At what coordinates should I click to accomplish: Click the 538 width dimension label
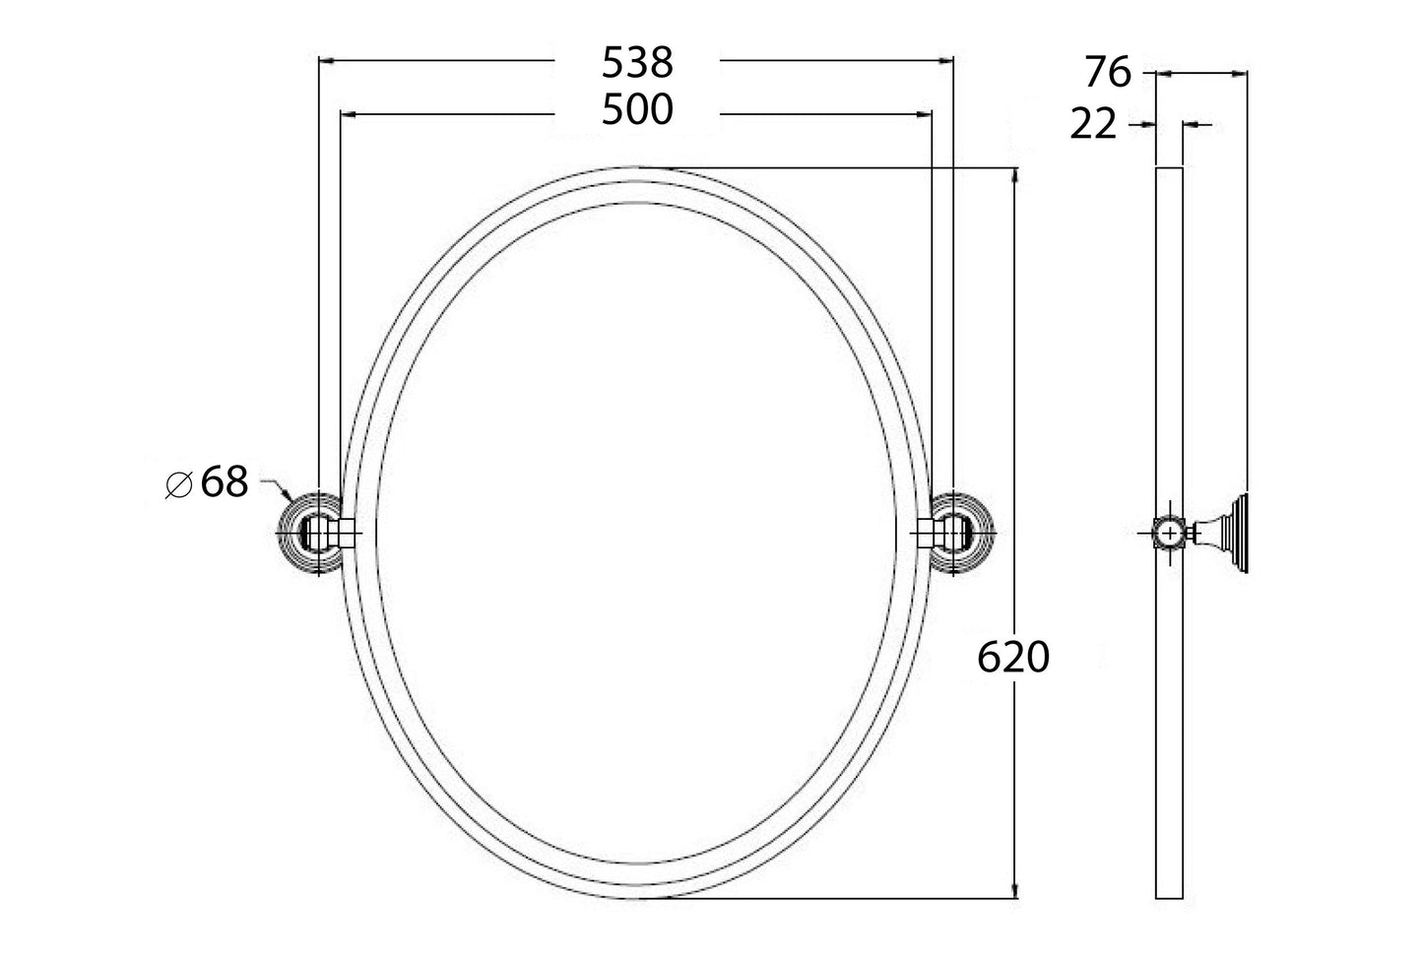pyautogui.click(x=637, y=62)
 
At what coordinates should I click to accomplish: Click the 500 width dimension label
pyautogui.click(x=637, y=110)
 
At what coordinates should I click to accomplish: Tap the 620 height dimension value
pyautogui.click(x=1013, y=658)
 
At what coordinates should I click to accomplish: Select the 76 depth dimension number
pyautogui.click(x=1108, y=73)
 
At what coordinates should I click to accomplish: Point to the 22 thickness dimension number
pyautogui.click(x=1093, y=125)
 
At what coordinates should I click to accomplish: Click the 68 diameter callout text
pyautogui.click(x=225, y=483)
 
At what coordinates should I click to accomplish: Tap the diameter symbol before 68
pyautogui.click(x=178, y=484)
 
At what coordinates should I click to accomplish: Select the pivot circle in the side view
pyautogui.click(x=1168, y=533)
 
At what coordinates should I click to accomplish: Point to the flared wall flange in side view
pyautogui.click(x=1234, y=533)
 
